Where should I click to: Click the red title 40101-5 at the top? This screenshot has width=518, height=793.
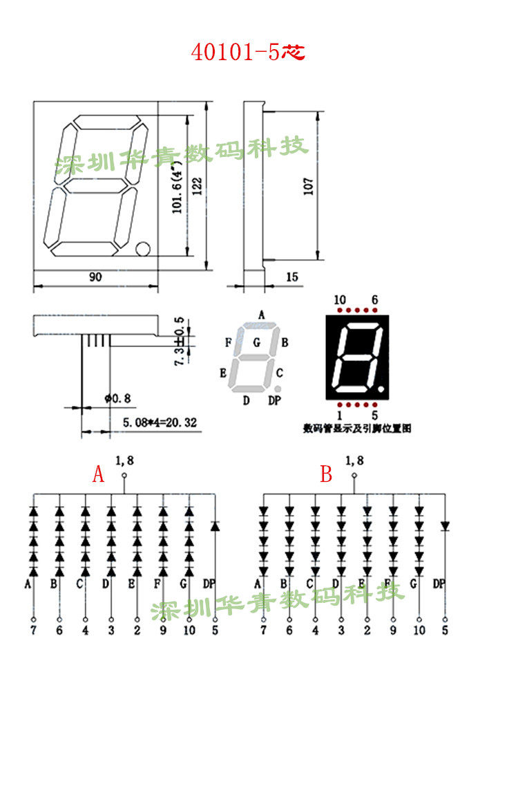pyautogui.click(x=247, y=53)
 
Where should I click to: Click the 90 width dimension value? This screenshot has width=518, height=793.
pyautogui.click(x=95, y=277)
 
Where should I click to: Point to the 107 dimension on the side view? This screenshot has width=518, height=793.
pyautogui.click(x=309, y=185)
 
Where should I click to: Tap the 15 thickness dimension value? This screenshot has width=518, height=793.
pyautogui.click(x=291, y=277)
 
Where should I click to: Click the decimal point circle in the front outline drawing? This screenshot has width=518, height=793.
pyautogui.click(x=144, y=248)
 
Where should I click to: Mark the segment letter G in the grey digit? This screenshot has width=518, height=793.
pyautogui.click(x=256, y=342)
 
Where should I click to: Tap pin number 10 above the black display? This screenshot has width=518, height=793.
pyautogui.click(x=340, y=299)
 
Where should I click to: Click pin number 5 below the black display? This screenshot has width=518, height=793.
pyautogui.click(x=374, y=416)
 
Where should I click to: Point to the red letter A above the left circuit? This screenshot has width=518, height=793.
pyautogui.click(x=99, y=475)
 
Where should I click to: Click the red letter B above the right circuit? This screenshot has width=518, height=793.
pyautogui.click(x=326, y=475)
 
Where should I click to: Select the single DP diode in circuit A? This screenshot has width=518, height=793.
pyautogui.click(x=215, y=527)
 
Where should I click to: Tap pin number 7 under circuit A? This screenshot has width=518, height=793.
pyautogui.click(x=33, y=631)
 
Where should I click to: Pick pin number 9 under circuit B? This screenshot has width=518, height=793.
pyautogui.click(x=393, y=631)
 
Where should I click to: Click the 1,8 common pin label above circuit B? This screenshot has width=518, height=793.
pyautogui.click(x=354, y=460)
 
